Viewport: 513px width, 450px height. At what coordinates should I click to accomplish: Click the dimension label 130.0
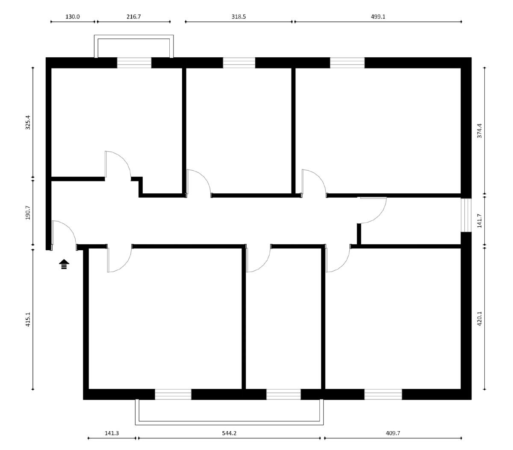click(x=72, y=17)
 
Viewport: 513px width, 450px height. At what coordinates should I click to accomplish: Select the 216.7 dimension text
click(x=133, y=17)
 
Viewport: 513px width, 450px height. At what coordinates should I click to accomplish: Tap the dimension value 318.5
click(x=239, y=17)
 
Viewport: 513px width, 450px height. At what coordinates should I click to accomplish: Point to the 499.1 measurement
click(x=378, y=17)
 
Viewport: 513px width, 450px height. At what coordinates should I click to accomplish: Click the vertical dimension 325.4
click(x=28, y=122)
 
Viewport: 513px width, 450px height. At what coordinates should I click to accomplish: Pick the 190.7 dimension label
click(x=28, y=212)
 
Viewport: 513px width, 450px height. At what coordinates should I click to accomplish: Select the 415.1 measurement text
click(x=28, y=319)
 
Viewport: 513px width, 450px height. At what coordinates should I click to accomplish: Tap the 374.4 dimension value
click(x=479, y=131)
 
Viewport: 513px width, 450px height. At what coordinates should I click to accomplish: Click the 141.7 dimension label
click(x=479, y=221)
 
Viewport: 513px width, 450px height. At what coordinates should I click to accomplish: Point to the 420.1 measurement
click(x=479, y=319)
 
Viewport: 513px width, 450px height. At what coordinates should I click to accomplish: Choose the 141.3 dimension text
click(x=112, y=433)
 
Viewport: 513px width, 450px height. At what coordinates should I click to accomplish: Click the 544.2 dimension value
click(x=229, y=433)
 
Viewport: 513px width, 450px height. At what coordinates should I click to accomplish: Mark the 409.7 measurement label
click(x=393, y=433)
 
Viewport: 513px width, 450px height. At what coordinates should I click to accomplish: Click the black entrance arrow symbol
click(x=64, y=264)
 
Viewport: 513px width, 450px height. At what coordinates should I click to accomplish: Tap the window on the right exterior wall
click(x=466, y=215)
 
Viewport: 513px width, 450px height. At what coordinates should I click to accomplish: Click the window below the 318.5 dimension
click(x=239, y=63)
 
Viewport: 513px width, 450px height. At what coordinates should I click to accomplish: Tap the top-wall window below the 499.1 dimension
click(x=347, y=63)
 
